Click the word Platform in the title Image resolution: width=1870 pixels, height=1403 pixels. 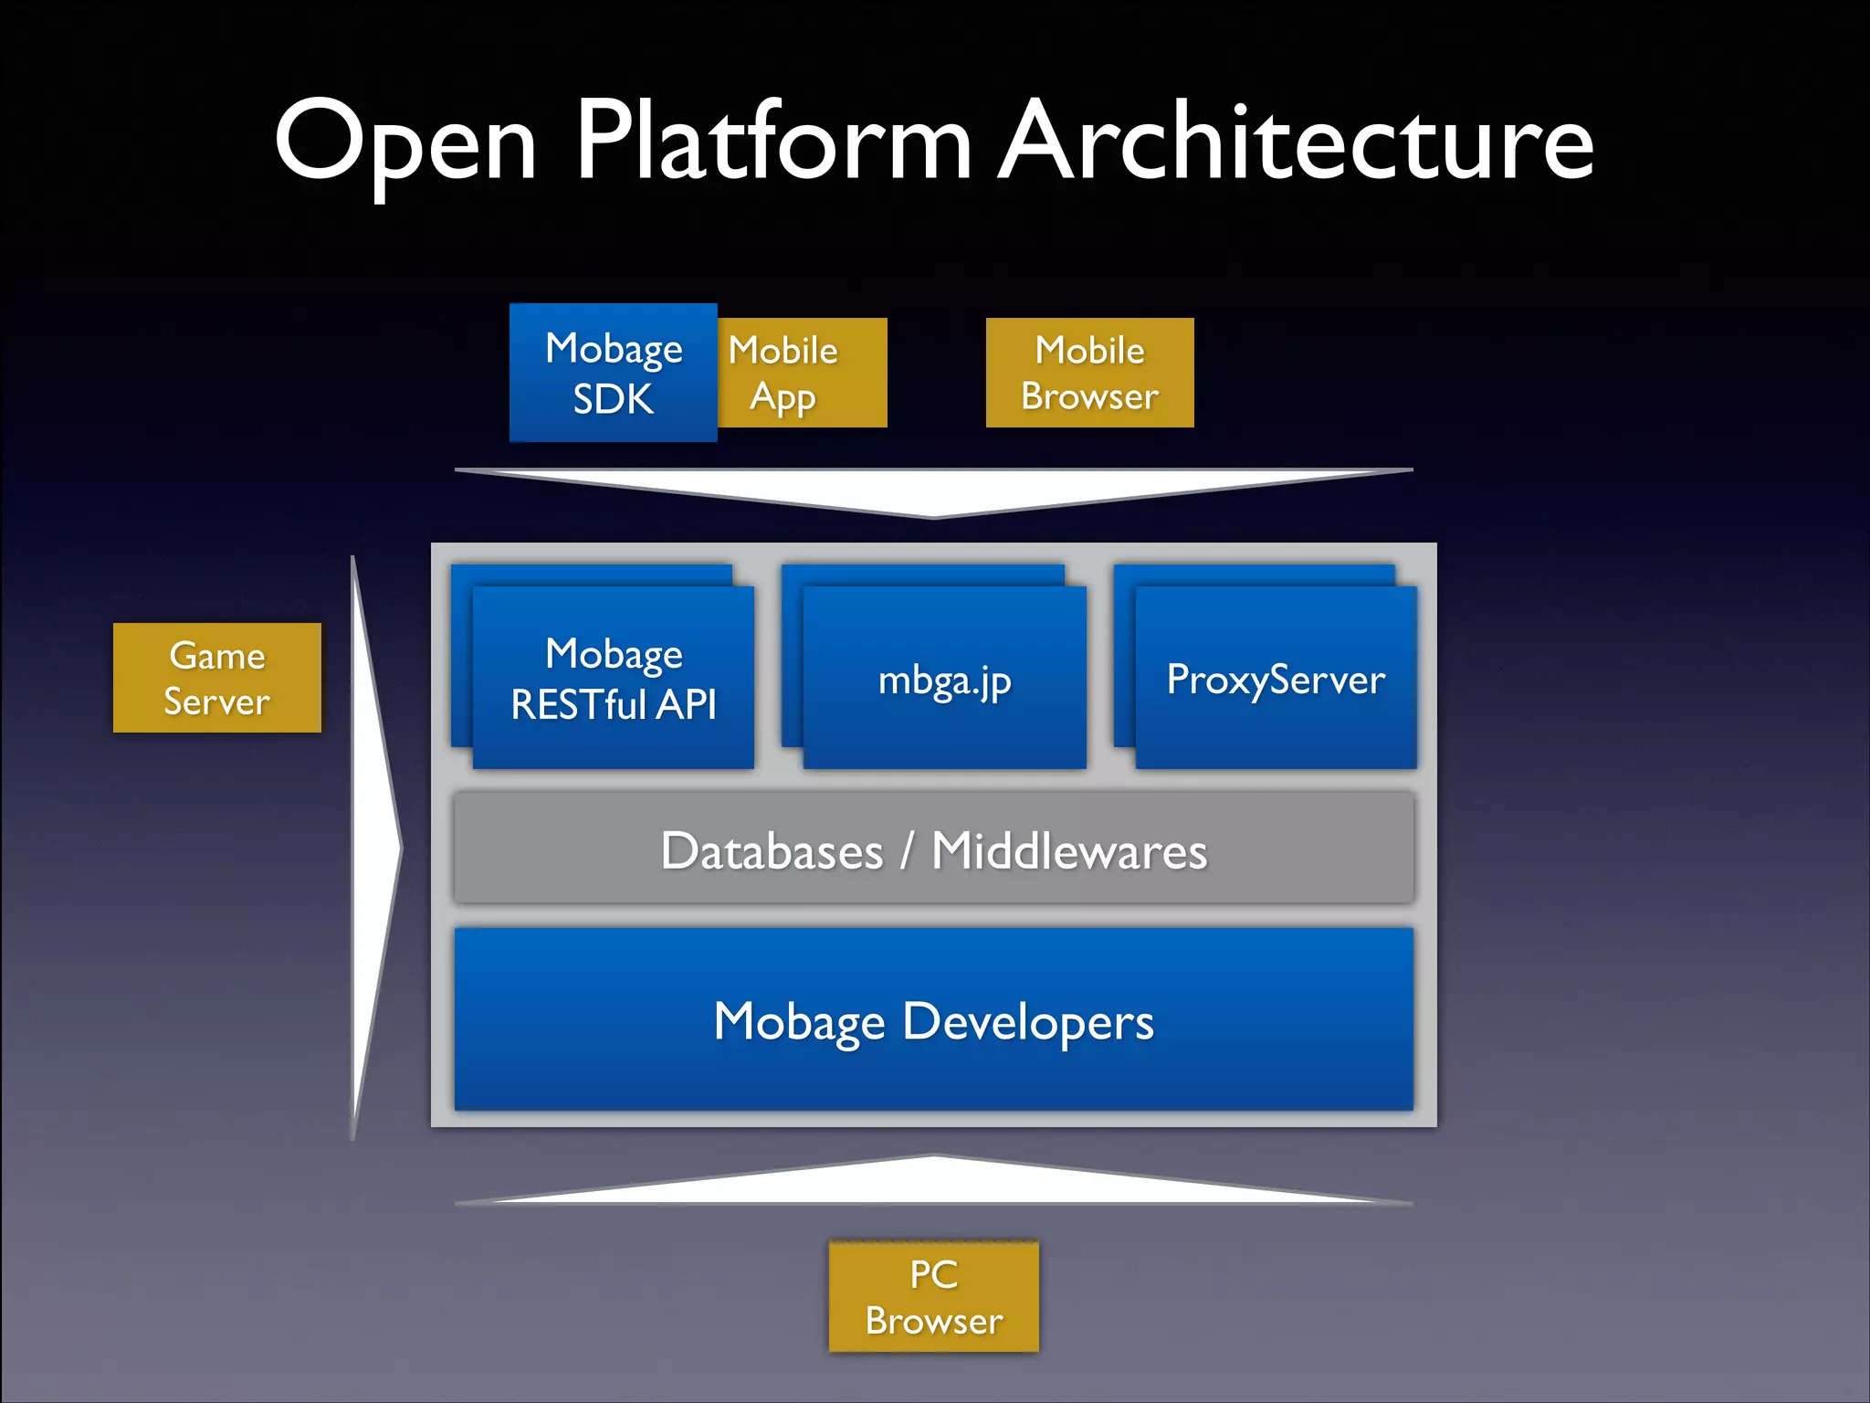(772, 142)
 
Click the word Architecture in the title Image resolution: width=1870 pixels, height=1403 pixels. (1296, 142)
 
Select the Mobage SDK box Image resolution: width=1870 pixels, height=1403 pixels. (613, 373)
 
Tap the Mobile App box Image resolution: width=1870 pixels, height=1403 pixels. (802, 373)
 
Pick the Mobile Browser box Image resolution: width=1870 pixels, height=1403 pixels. (1089, 373)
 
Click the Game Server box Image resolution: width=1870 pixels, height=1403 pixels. (217, 678)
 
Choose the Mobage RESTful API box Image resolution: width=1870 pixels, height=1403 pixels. (613, 678)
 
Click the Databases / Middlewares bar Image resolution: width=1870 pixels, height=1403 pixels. (933, 849)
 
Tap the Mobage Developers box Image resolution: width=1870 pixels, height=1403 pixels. (933, 1020)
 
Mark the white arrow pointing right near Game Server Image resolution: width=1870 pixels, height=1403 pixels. (374, 848)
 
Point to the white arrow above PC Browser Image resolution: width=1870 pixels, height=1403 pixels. (933, 1182)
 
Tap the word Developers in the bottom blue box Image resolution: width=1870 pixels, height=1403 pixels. (1027, 1022)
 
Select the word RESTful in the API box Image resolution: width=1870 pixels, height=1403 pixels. (579, 705)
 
